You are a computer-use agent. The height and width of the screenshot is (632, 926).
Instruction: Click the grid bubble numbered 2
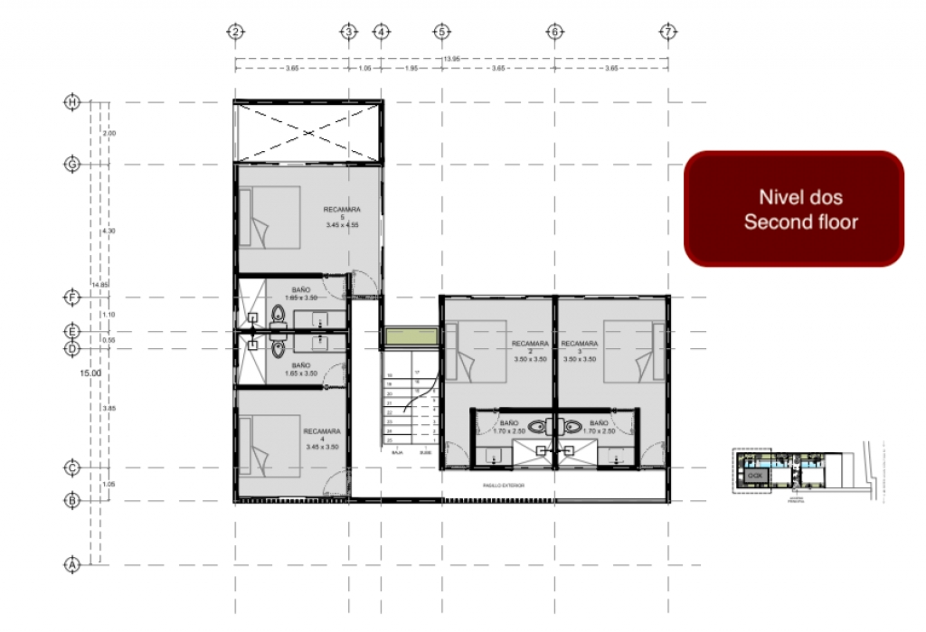point(235,33)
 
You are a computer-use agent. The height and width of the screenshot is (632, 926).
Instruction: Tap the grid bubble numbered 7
point(667,33)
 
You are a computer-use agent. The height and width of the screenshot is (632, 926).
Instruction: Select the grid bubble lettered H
point(72,102)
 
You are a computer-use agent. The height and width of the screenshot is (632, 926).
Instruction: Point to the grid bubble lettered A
point(72,564)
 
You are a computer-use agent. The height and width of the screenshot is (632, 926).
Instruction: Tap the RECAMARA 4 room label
point(322,439)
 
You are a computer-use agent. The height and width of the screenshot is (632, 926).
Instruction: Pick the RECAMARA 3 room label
point(579,351)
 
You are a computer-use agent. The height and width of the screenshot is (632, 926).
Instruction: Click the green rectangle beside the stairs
point(408,337)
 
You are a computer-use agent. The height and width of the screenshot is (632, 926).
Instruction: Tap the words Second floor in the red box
point(800,222)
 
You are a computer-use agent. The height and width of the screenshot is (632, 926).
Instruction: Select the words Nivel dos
point(800,197)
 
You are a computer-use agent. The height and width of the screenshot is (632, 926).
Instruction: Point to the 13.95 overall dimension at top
point(449,60)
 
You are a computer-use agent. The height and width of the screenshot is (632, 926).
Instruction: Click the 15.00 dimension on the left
point(90,373)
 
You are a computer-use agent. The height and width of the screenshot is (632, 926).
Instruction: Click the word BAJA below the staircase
point(396,452)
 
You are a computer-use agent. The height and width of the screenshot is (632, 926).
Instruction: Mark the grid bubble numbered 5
point(441,33)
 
